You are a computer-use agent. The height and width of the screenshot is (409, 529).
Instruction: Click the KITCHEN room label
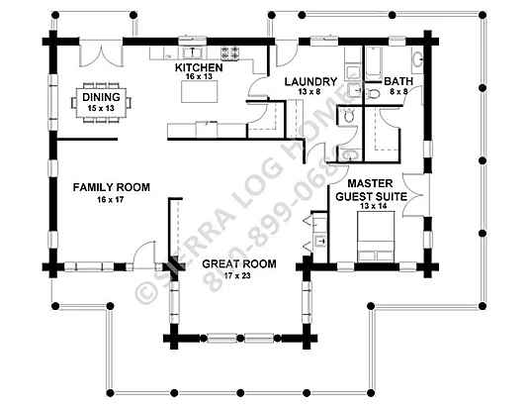[199, 67]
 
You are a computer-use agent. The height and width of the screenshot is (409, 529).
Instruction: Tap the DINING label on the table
[101, 97]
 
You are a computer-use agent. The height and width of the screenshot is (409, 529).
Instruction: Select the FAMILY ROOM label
[112, 187]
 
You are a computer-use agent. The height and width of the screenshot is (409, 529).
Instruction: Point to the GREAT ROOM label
[239, 263]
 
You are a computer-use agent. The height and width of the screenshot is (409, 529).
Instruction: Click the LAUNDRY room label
[310, 82]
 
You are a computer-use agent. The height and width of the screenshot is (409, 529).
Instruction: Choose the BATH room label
[398, 81]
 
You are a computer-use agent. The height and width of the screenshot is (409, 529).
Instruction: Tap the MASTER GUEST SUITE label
[371, 190]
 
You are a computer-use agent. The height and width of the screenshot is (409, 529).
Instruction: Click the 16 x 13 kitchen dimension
[199, 76]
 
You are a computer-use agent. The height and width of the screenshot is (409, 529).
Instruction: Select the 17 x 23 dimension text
[237, 276]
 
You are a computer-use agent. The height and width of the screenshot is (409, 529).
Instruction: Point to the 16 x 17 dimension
[111, 200]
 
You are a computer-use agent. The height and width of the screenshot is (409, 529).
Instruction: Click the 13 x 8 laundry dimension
[309, 91]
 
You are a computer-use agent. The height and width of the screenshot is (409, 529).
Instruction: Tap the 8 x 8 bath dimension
[399, 91]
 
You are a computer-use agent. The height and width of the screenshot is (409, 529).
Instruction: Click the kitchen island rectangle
[200, 91]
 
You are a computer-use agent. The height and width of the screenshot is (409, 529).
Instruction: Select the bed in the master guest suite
[376, 237]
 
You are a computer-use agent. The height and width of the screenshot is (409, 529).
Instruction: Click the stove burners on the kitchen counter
[229, 53]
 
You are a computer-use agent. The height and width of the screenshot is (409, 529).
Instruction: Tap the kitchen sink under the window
[193, 52]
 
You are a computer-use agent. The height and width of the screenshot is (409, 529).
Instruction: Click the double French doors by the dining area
[101, 54]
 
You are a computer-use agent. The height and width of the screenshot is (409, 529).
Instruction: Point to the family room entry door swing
[144, 256]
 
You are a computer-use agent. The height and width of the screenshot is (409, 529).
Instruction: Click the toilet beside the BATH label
[373, 94]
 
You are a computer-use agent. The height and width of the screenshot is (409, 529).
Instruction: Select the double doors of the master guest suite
[415, 195]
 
